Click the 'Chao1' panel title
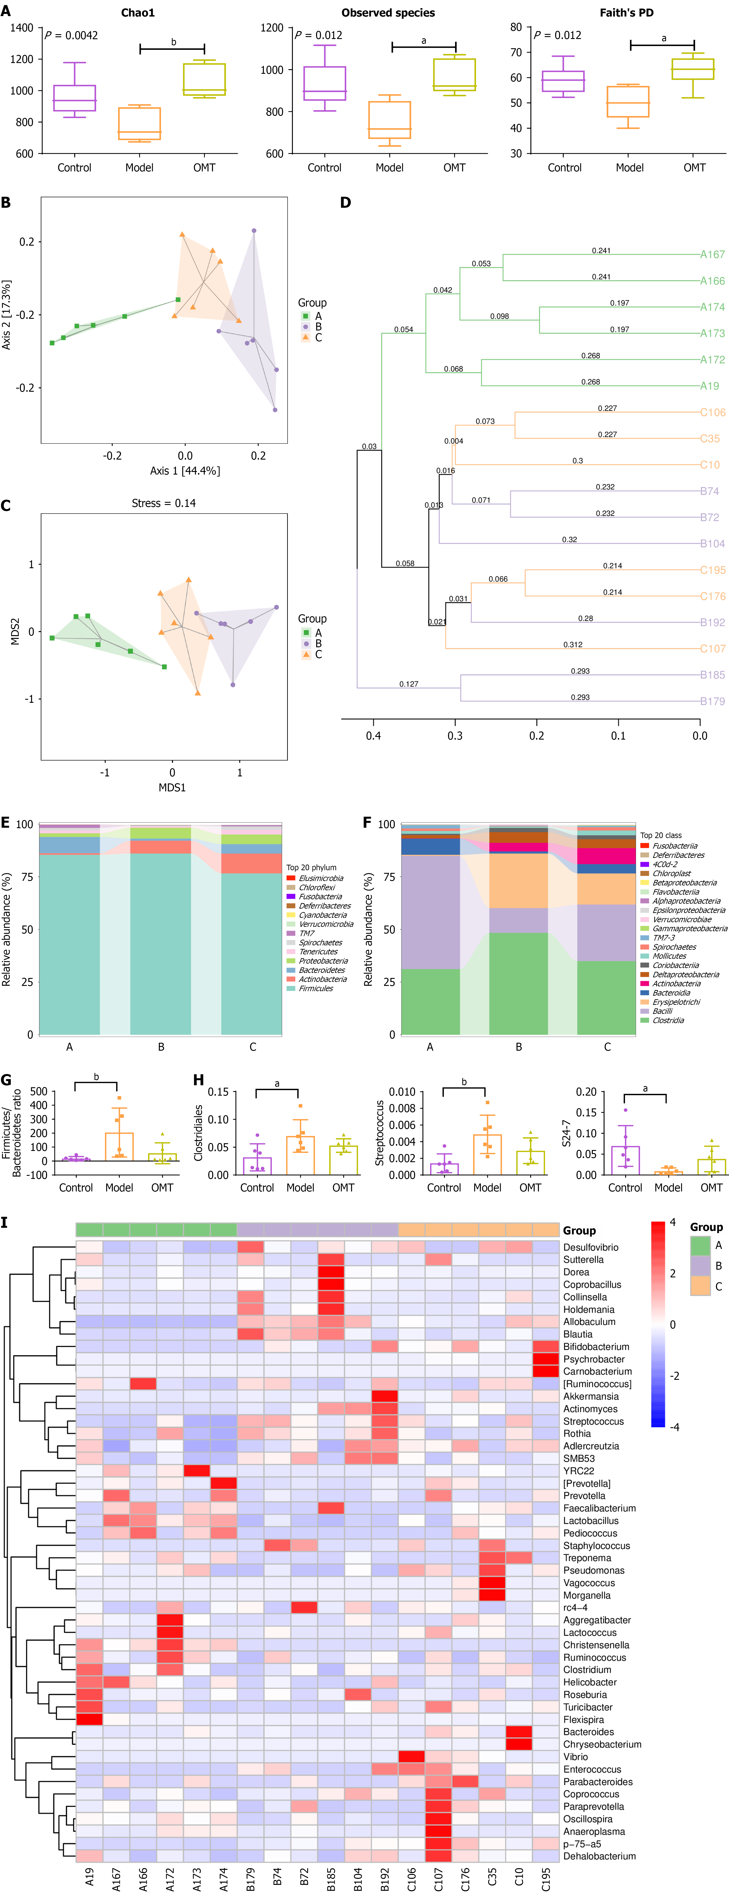coord(138,13)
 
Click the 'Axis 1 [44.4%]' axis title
coord(185,471)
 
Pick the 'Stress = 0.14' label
coord(164,503)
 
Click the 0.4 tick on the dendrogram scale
coord(374,735)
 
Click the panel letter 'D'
coord(346,203)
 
